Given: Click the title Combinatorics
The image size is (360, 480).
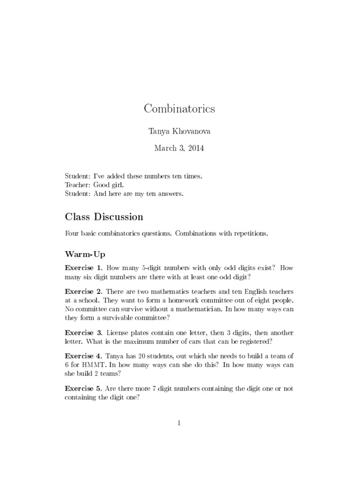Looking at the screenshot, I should pyautogui.click(x=180, y=109).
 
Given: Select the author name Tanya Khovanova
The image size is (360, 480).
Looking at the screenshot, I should pyautogui.click(x=180, y=131).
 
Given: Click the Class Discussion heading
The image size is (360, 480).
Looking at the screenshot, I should pyautogui.click(x=104, y=217).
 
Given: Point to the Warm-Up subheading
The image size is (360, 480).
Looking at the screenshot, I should pyautogui.click(x=85, y=254).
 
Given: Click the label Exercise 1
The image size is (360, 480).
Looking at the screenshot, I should pyautogui.click(x=83, y=268).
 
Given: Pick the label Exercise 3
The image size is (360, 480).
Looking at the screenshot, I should pyautogui.click(x=83, y=332).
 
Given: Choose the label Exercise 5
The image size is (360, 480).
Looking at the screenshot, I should pyautogui.click(x=83, y=389).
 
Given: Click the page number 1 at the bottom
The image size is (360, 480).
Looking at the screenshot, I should pyautogui.click(x=179, y=423).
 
